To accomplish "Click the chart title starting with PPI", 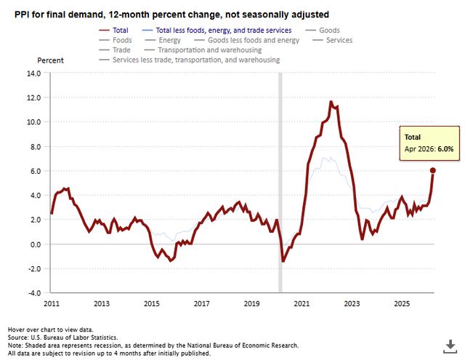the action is pyautogui.click(x=171, y=15).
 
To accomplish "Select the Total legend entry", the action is pyautogui.click(x=113, y=31).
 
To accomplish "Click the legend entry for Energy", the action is pyautogui.click(x=163, y=40).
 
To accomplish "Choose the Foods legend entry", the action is pyautogui.click(x=116, y=40).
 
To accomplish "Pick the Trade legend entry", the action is pyautogui.click(x=115, y=50).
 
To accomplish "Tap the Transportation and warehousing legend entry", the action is pyautogui.click(x=203, y=50).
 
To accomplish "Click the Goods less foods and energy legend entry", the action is pyautogui.click(x=247, y=40).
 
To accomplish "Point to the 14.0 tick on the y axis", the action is pyautogui.click(x=34, y=73).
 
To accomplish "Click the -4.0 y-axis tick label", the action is pyautogui.click(x=34, y=293).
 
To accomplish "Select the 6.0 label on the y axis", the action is pyautogui.click(x=36, y=171).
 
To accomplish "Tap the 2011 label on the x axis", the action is pyautogui.click(x=52, y=303).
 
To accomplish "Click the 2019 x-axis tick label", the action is pyautogui.click(x=252, y=303).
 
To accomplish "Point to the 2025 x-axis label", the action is pyautogui.click(x=402, y=303).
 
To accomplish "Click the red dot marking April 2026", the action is pyautogui.click(x=433, y=170).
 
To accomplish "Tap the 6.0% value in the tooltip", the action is pyautogui.click(x=445, y=149).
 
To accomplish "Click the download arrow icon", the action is pyautogui.click(x=450, y=346).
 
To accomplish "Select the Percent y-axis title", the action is pyautogui.click(x=50, y=60).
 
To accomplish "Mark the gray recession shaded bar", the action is pyautogui.click(x=280, y=183).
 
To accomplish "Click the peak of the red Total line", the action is pyautogui.click(x=331, y=102).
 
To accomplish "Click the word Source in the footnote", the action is pyautogui.click(x=17, y=337).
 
